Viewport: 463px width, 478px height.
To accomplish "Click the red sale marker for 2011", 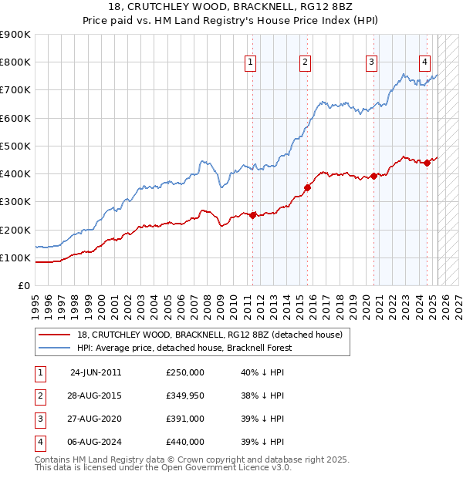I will pos(252,215).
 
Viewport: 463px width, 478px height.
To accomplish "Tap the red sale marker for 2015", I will pos(307,187).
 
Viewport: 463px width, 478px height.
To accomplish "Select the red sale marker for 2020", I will pos(373,176).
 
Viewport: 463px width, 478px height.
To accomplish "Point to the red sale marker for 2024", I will pos(427,162).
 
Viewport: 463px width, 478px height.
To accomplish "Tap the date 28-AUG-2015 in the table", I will pos(96,396).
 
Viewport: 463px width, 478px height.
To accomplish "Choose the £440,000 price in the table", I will pos(185,442).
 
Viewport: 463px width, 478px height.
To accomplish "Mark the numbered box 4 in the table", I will pos(39,442).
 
